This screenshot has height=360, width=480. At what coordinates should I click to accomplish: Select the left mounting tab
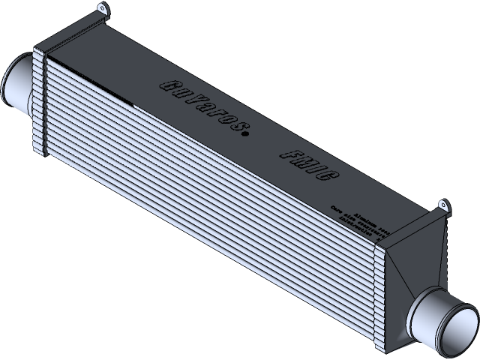(x=100, y=13)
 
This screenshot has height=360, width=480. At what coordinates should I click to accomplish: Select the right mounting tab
(x=442, y=205)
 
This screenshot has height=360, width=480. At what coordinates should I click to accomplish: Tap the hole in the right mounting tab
(x=442, y=202)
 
